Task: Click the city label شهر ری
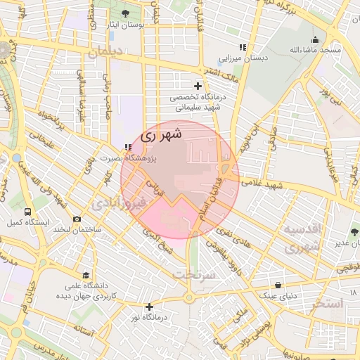coord(161,135)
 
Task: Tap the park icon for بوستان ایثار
coord(125,14)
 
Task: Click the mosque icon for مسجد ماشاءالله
coord(315,39)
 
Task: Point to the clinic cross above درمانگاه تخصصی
coord(198,86)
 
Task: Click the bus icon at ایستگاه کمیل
coord(27,211)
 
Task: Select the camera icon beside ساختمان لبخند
coord(76,219)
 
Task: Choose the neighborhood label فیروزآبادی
coord(118,204)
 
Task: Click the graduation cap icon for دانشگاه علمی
coord(86,275)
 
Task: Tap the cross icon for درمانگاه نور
coord(149,307)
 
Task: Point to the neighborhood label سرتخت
coord(195,274)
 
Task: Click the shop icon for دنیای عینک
coord(280,285)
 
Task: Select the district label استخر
coord(325,304)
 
